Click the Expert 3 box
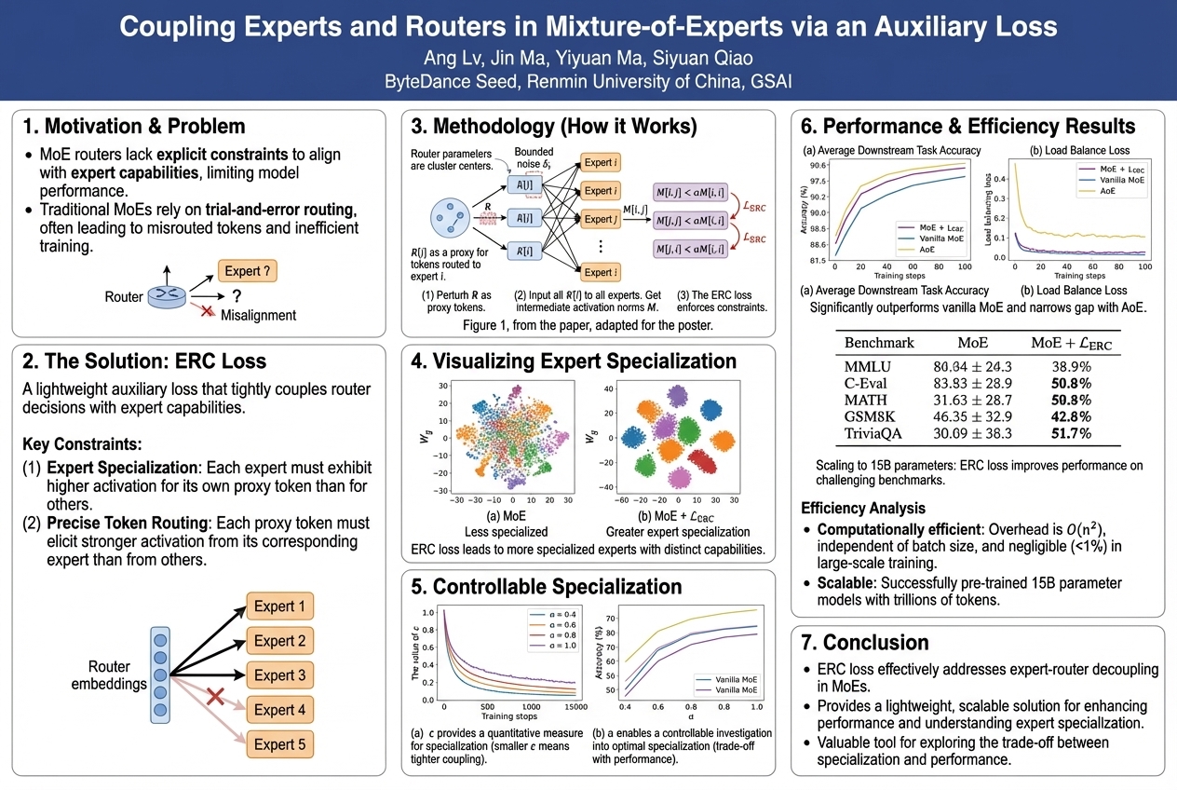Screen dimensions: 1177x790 click(280, 675)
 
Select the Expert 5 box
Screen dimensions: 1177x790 click(280, 744)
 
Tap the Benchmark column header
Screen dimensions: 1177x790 click(879, 342)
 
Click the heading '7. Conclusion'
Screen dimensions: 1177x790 click(862, 643)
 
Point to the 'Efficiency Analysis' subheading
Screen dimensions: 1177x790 click(863, 508)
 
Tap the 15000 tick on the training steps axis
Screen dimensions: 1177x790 click(571, 707)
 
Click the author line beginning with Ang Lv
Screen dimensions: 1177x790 click(588, 58)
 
